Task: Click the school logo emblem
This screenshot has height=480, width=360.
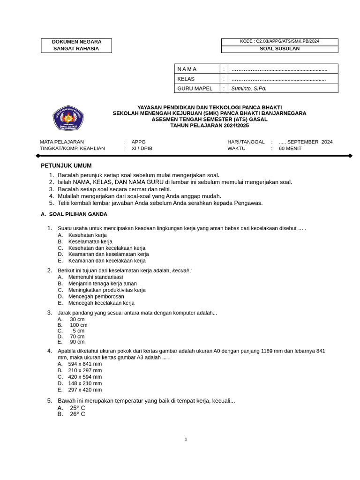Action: click(x=68, y=118)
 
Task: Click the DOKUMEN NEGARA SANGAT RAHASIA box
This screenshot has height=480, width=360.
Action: click(x=76, y=45)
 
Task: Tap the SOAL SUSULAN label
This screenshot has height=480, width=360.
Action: click(x=279, y=49)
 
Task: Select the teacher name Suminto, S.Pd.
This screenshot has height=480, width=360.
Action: click(x=249, y=88)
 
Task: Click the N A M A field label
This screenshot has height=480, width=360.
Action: click(x=187, y=69)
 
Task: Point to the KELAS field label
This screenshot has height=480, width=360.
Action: click(x=186, y=79)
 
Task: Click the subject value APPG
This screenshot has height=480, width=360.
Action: click(x=139, y=142)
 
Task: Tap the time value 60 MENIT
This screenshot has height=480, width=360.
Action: click(x=290, y=149)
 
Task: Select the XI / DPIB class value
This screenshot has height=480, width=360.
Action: click(x=142, y=149)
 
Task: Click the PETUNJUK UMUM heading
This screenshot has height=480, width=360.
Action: click(x=66, y=165)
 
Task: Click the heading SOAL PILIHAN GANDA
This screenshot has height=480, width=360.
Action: click(x=78, y=214)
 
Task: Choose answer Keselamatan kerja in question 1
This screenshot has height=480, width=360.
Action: click(x=90, y=241)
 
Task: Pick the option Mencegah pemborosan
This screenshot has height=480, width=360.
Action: click(x=96, y=296)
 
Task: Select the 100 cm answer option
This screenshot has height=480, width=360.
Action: click(x=78, y=325)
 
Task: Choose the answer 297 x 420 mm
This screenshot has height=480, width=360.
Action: click(x=85, y=390)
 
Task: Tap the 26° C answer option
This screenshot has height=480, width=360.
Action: click(x=77, y=414)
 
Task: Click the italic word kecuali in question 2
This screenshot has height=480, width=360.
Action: click(x=181, y=270)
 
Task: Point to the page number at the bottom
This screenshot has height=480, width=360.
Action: click(x=186, y=439)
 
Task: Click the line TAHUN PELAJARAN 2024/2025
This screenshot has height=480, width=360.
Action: click(x=210, y=126)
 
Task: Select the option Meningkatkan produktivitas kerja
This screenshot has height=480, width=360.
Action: click(x=107, y=290)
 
